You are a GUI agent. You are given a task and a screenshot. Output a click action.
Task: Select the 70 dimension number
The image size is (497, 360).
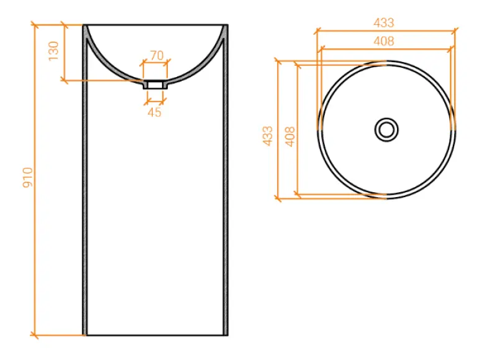coord(156,55)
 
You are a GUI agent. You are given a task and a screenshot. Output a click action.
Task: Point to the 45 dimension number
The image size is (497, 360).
coord(155,112)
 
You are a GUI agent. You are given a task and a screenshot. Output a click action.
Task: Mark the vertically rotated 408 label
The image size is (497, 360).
coord(289,136)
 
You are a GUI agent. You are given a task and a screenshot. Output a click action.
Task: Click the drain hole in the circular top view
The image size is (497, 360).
coord(386,129)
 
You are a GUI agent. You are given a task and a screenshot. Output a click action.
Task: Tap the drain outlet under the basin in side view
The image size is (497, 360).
coord(155,84)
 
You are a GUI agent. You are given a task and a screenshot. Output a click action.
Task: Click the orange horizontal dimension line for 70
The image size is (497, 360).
coord(155,63)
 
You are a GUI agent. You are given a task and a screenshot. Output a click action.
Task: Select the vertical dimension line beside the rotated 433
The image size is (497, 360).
coord(278,130)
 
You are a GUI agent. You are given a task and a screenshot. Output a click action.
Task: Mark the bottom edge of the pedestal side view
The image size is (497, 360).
coord(155,335)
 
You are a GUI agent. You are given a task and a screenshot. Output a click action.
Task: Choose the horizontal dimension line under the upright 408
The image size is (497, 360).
coord(385,48)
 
